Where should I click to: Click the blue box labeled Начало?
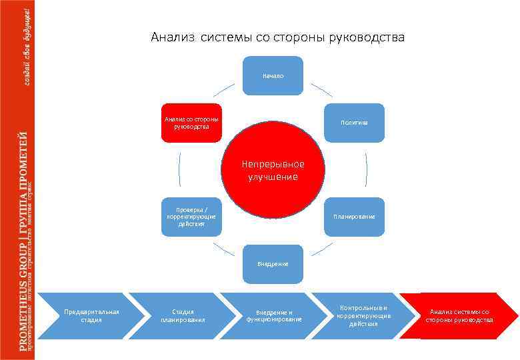coord(273,75)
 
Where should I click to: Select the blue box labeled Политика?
coord(354,123)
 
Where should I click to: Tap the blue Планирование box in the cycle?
coord(354,217)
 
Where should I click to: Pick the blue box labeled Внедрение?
coord(273,264)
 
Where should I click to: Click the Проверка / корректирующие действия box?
coord(191,217)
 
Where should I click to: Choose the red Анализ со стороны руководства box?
coord(191,123)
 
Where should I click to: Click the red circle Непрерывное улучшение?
coord(273,170)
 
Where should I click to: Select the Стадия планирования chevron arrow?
coord(181,315)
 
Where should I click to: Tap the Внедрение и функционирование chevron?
coord(273,315)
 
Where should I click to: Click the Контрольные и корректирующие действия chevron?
coord(363,315)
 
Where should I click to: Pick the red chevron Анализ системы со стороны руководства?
coord(459,315)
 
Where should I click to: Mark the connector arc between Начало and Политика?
coord(322,89)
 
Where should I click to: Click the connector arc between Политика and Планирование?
coord(366,170)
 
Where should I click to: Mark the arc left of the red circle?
coord(179,170)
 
